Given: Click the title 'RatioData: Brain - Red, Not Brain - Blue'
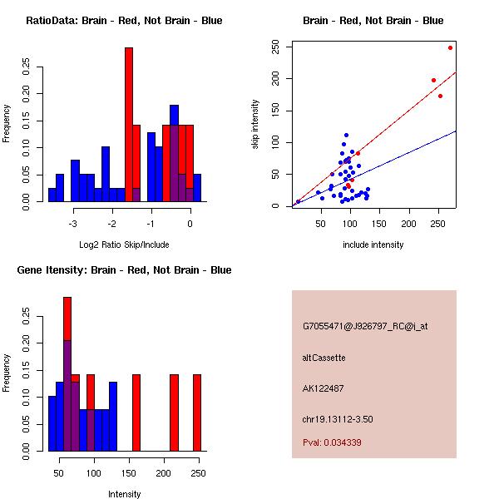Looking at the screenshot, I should pos(124,21).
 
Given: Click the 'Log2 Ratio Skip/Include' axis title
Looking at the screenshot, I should pos(124,245).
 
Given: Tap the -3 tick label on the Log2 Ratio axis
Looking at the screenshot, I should pos(73,223).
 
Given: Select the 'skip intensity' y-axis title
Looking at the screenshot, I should pos(255,125).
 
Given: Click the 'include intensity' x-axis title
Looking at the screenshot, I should pos(373,245).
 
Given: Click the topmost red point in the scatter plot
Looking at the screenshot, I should pos(450,47).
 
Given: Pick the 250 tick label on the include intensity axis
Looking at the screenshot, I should pos(437,223).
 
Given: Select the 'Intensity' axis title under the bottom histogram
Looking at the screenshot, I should pos(124,494).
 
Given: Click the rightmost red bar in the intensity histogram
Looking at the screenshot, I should pos(197,412).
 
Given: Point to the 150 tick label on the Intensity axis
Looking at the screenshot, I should pos(128,472).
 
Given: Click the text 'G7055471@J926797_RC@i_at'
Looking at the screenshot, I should pos(365,327).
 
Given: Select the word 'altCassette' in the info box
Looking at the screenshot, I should pos(324,358).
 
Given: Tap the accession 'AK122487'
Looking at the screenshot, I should pos(324,388).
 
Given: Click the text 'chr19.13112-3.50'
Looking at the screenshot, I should pos(337,419).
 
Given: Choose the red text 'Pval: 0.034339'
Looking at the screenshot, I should pos(332,442).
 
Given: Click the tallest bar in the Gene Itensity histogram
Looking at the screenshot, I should pos(67,374).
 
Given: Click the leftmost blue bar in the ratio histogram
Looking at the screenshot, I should pos(52,195).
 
